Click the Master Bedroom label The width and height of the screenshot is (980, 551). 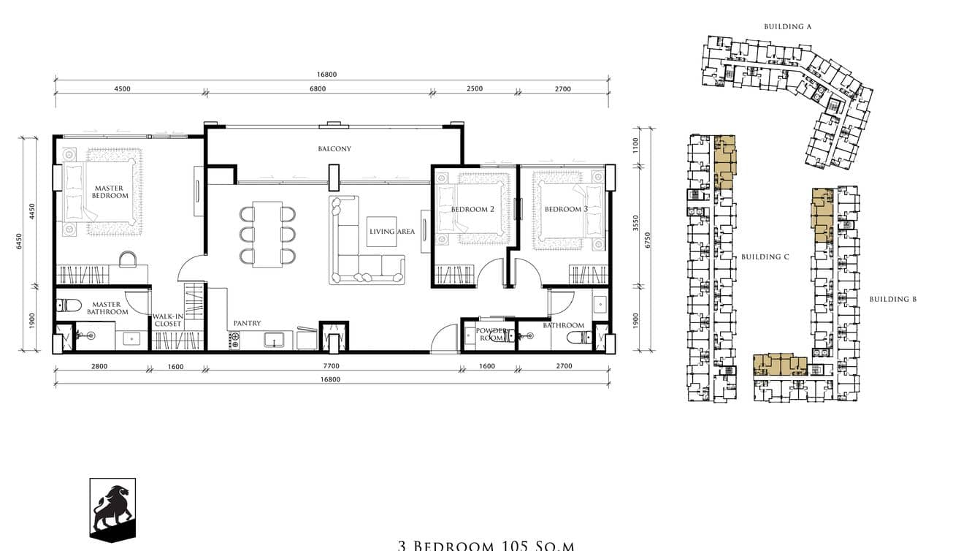coord(111,192)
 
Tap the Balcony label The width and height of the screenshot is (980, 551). coord(334,149)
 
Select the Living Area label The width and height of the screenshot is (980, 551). coord(391,232)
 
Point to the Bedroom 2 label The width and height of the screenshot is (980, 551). coord(472,210)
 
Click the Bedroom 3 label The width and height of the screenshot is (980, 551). coord(566,210)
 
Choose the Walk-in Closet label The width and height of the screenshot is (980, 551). coord(167,320)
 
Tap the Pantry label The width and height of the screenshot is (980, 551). coord(247,323)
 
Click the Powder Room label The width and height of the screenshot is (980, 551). coord(491,334)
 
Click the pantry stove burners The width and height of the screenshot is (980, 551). coord(235,340)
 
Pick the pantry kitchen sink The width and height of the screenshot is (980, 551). coord(275,340)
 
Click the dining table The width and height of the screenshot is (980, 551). coord(267,234)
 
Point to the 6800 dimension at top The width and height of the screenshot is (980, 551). coord(318,89)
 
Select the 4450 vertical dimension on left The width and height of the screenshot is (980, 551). coord(32,212)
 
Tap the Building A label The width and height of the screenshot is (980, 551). coord(788,26)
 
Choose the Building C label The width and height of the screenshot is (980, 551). coord(765,257)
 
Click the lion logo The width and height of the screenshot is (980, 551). coord(112,509)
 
